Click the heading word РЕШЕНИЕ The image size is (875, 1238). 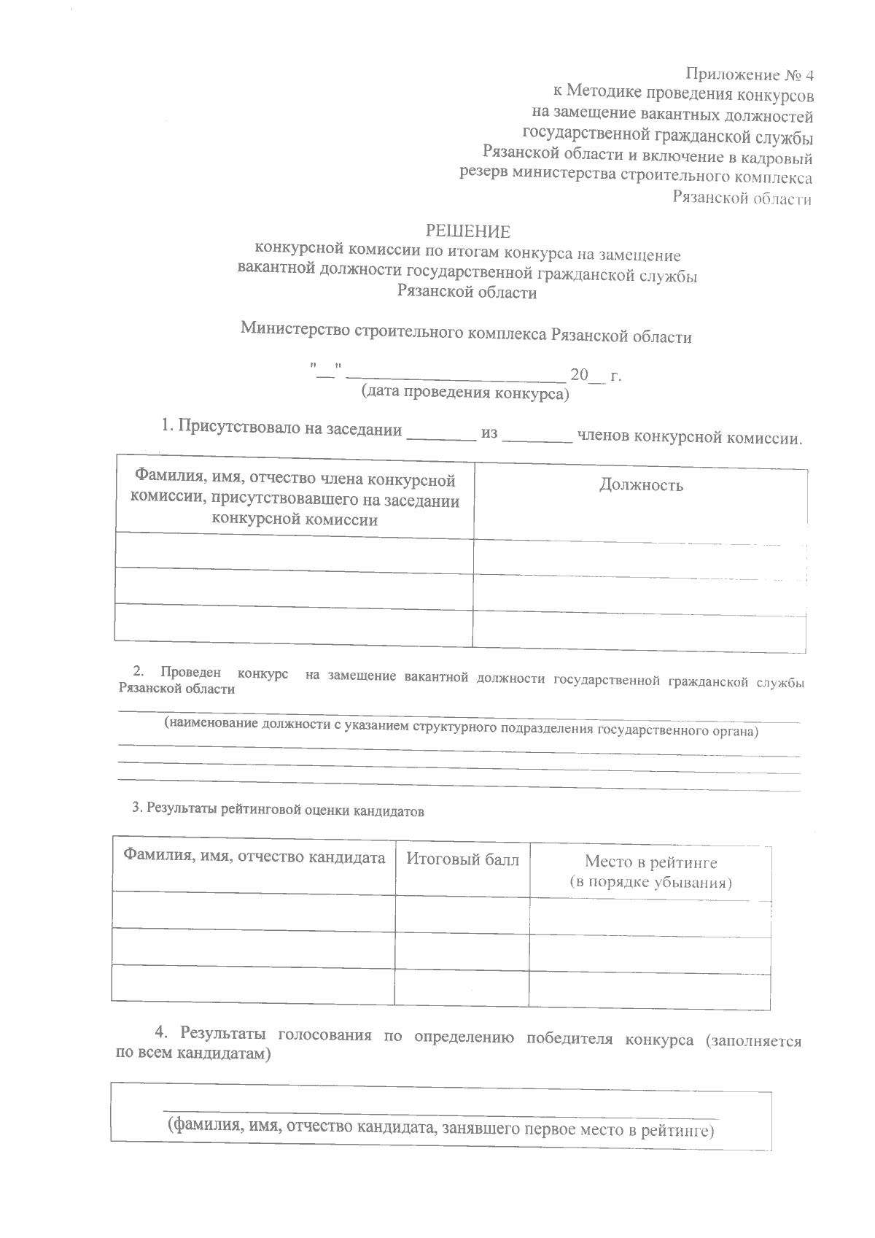coord(467,232)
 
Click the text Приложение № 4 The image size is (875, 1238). coord(749,74)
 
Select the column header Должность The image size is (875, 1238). coord(640,485)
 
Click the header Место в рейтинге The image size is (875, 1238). coord(650,863)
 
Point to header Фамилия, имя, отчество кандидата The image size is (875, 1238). coord(254,856)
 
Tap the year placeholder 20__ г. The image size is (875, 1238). coord(595,376)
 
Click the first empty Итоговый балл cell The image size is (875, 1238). coord(462,913)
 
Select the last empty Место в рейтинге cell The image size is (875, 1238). coord(649,989)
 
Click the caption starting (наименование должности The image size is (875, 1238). coord(461,726)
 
